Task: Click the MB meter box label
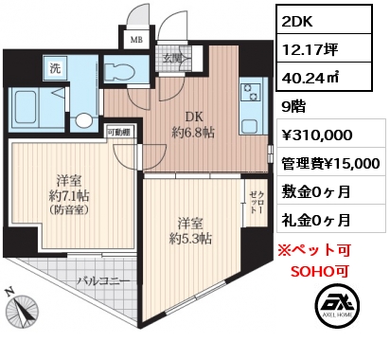pyautogui.click(x=136, y=40)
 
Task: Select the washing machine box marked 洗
pyautogui.click(x=56, y=68)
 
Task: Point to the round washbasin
pyautogui.click(x=83, y=120)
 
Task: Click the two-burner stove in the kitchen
pyautogui.click(x=251, y=92)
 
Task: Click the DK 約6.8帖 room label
pyautogui.click(x=193, y=125)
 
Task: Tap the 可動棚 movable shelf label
pyautogui.click(x=119, y=133)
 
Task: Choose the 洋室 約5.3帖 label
pyautogui.click(x=190, y=231)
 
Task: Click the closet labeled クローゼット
pyautogui.click(x=255, y=202)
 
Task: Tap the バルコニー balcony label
pyautogui.click(x=103, y=280)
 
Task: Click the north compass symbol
pyautogui.click(x=22, y=308)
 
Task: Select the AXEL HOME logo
pyautogui.click(x=337, y=306)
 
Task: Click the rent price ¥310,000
pyautogui.click(x=316, y=135)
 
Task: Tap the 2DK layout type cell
pyautogui.click(x=325, y=20)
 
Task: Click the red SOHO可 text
pyautogui.click(x=320, y=271)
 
